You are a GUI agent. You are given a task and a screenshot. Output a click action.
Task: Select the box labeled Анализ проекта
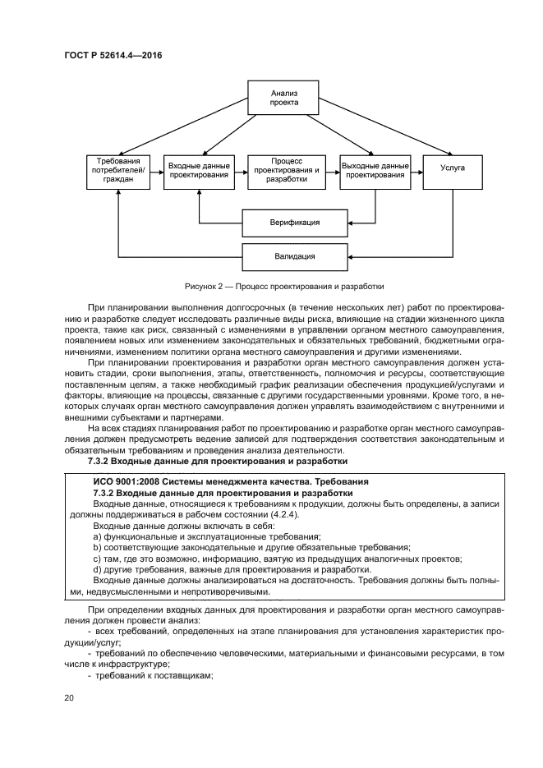point(284,99)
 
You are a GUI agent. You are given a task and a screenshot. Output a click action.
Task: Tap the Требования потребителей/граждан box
point(118,172)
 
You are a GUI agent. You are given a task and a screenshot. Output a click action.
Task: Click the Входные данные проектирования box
point(198,172)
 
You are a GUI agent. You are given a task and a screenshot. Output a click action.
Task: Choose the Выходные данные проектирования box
point(375,172)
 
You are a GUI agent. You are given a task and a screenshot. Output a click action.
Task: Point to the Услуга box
point(452,168)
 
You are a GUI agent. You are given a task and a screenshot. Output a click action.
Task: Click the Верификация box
point(294,223)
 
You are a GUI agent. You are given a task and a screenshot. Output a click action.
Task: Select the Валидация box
point(294,256)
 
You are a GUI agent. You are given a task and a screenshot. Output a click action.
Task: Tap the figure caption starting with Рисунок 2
point(271,287)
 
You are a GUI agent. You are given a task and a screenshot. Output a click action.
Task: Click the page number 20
point(70,697)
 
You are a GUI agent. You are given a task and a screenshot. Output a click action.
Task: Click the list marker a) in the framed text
point(97,536)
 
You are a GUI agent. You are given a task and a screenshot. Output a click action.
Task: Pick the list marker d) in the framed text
point(97,569)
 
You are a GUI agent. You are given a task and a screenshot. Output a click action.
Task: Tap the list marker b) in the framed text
point(97,547)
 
